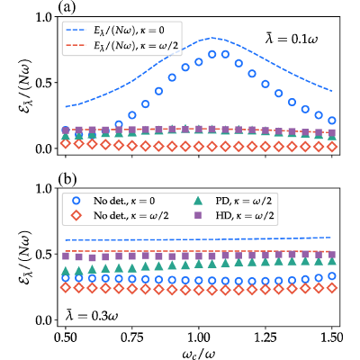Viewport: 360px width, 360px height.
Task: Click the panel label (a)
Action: pos(66,6)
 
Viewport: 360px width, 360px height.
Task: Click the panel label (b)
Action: pos(67,179)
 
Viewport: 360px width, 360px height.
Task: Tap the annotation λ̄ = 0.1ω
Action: pos(292,39)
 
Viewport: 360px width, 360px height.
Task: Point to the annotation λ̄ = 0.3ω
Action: pos(92,315)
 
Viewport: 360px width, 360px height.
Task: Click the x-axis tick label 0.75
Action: pos(132,337)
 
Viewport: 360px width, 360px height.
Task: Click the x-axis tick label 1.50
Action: pos(330,337)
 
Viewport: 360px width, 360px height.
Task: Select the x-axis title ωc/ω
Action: pos(199,354)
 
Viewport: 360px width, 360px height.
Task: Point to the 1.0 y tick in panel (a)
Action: pos(44,17)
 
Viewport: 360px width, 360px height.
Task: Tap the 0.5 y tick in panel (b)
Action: pos(44,254)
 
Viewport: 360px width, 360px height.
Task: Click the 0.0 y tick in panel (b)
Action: pos(44,320)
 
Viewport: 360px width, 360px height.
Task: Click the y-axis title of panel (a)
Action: pos(25,82)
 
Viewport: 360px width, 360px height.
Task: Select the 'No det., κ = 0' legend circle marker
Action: pos(76,201)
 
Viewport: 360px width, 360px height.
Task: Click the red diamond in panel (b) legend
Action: pos(76,215)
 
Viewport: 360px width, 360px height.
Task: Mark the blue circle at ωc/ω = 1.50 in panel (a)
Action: pos(332,121)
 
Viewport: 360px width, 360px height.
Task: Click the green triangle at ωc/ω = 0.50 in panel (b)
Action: pos(66,272)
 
